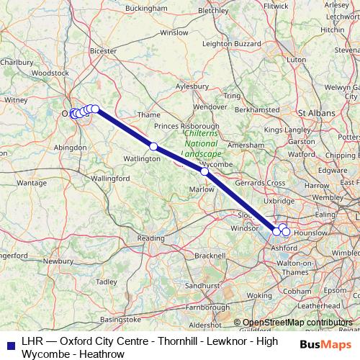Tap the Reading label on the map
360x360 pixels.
click(x=150, y=238)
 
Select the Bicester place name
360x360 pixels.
click(x=104, y=51)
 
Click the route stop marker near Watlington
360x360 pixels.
click(x=153, y=146)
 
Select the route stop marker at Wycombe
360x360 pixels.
click(x=204, y=172)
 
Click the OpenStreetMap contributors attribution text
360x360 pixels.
click(x=298, y=323)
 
